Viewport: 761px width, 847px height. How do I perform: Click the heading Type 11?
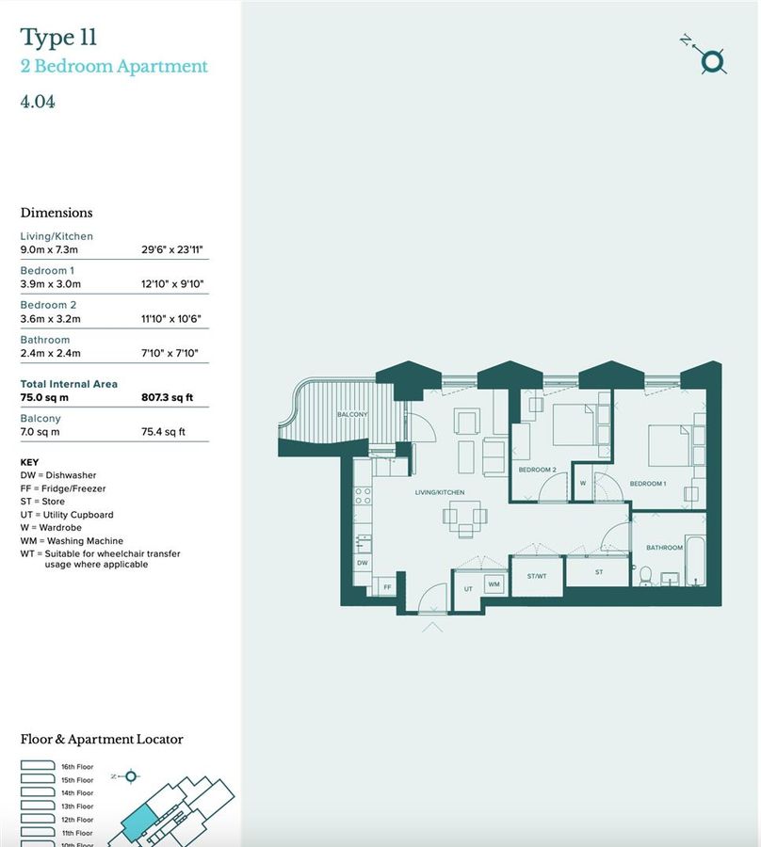[x=58, y=38]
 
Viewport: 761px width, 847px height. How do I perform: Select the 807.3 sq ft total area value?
[x=168, y=398]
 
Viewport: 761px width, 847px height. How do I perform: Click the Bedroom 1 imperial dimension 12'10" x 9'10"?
[x=172, y=284]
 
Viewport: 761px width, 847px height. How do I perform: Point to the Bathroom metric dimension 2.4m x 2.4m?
[x=51, y=353]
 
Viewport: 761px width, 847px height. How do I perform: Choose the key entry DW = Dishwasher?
[x=58, y=475]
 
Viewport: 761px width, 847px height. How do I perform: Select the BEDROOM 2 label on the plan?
[x=538, y=469]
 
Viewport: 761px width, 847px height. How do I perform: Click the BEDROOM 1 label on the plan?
[x=648, y=483]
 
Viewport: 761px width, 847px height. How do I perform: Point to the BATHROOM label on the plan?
[x=664, y=547]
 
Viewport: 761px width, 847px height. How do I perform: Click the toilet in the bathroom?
[x=645, y=575]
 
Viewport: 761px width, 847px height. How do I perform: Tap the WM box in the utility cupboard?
[x=494, y=584]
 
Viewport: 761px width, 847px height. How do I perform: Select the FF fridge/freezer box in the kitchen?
[x=385, y=586]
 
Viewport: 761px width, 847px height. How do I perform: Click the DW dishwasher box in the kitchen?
[x=362, y=563]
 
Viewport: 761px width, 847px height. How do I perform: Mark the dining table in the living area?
[x=465, y=516]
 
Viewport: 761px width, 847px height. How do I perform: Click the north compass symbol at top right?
[x=713, y=61]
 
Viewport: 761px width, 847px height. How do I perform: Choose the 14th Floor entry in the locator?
[x=77, y=793]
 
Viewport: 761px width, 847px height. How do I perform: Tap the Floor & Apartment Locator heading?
[x=102, y=740]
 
